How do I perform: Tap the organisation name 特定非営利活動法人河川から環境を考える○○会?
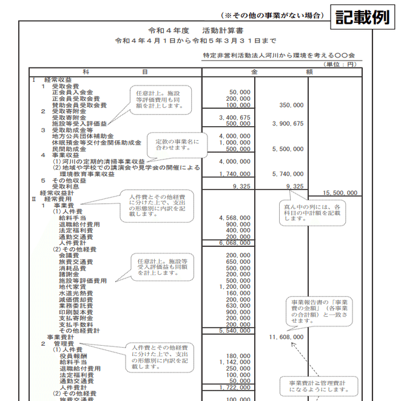tap(280, 54)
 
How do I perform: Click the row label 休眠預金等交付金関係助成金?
tap(96, 143)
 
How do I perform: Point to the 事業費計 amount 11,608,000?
tap(286, 337)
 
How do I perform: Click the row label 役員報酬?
tap(73, 356)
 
